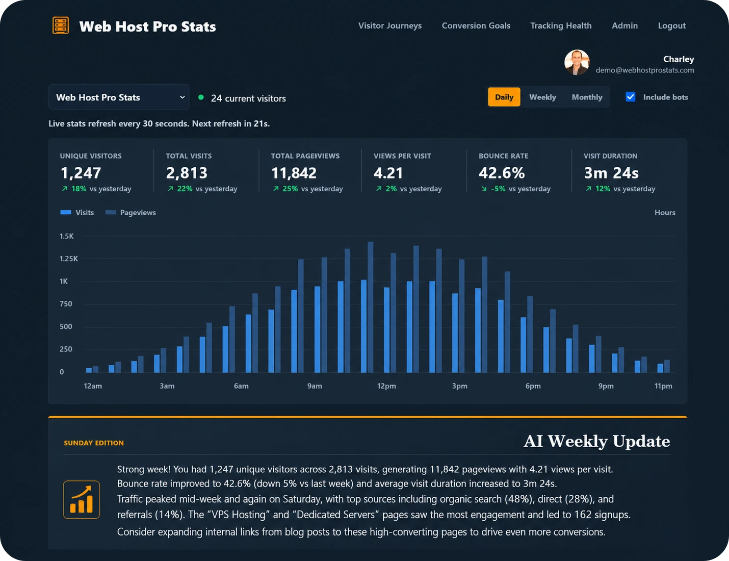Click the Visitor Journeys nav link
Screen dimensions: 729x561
pos(390,26)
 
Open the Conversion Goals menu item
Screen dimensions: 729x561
pos(476,26)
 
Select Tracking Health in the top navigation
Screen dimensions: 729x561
pos(561,26)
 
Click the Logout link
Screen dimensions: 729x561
pos(671,26)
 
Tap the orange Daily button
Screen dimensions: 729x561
pos(504,97)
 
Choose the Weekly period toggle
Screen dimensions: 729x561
pos(542,97)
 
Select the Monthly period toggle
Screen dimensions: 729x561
pos(587,97)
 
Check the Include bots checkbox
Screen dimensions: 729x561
pos(631,97)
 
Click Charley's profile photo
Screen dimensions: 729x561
pos(577,62)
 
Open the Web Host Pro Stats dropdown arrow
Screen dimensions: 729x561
pos(182,97)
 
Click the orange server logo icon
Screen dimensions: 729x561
pos(61,25)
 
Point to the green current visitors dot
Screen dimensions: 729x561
pos(201,97)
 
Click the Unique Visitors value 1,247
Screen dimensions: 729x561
pos(81,173)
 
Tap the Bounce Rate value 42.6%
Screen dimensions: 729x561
pos(502,173)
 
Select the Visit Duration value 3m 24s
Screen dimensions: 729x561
pos(611,173)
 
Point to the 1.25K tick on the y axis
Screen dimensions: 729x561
pos(68,259)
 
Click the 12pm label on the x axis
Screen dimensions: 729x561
pos(386,386)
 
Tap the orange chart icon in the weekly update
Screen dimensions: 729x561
pos(82,500)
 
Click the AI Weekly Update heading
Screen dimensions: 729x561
pos(597,441)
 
